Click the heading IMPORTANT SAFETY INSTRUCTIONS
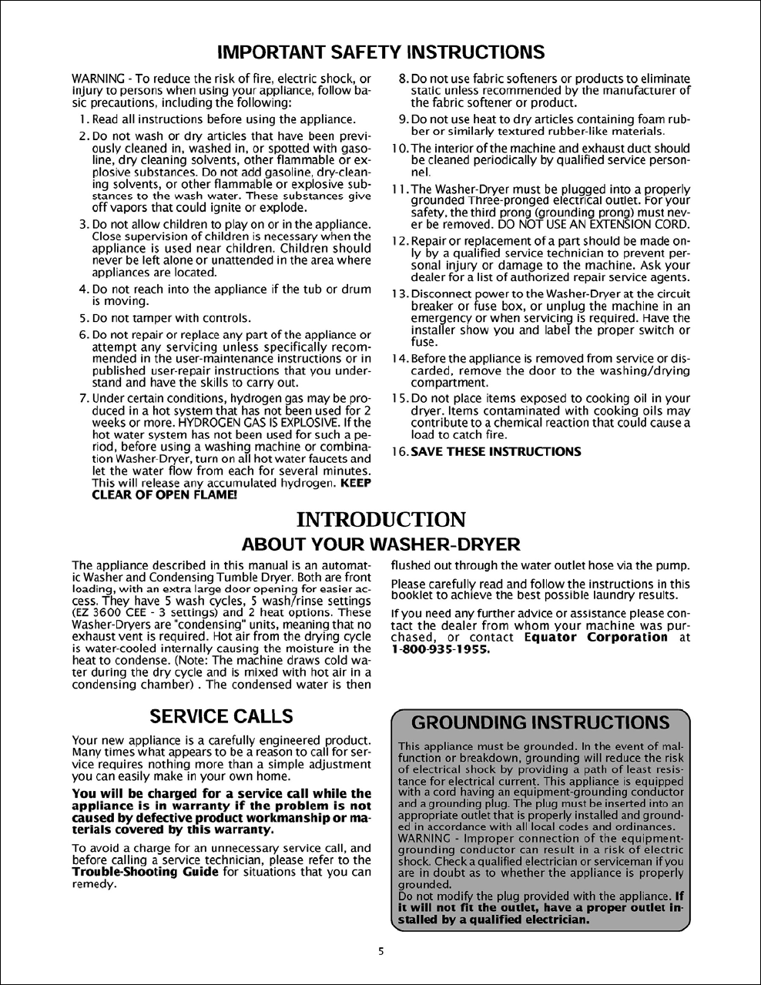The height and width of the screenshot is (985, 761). tap(380, 52)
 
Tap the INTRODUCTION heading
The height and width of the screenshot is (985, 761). tap(380, 520)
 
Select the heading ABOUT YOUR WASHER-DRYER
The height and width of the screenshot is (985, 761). tap(380, 544)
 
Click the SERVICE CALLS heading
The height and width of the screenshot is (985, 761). tap(221, 716)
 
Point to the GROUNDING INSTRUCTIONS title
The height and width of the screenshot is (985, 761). tap(540, 722)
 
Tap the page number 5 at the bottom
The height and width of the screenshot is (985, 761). tap(380, 950)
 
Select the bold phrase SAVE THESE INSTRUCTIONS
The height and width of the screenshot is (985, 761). tap(496, 451)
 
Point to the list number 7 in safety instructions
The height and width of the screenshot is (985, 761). tap(84, 398)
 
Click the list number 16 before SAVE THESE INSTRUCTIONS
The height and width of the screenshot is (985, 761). tap(398, 451)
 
